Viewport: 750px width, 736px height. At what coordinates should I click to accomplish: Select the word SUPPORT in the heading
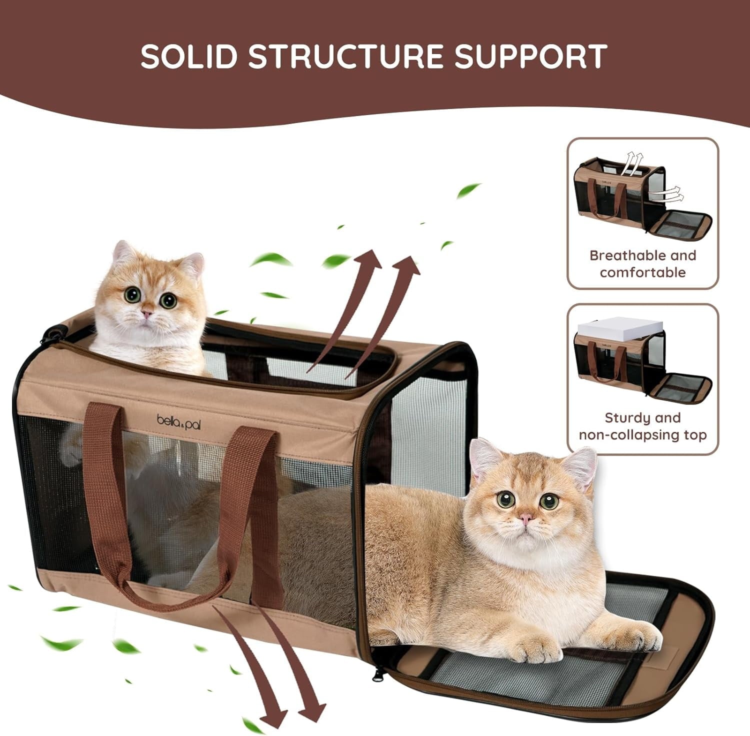(531, 56)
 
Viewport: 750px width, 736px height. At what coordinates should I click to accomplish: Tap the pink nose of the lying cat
(525, 518)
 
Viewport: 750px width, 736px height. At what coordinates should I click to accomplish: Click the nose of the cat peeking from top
(147, 312)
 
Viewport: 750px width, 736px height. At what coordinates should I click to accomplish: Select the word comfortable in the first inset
(642, 272)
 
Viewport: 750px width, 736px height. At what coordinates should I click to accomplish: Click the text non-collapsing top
(642, 435)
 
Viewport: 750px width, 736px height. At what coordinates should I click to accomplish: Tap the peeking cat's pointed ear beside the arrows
(192, 265)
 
